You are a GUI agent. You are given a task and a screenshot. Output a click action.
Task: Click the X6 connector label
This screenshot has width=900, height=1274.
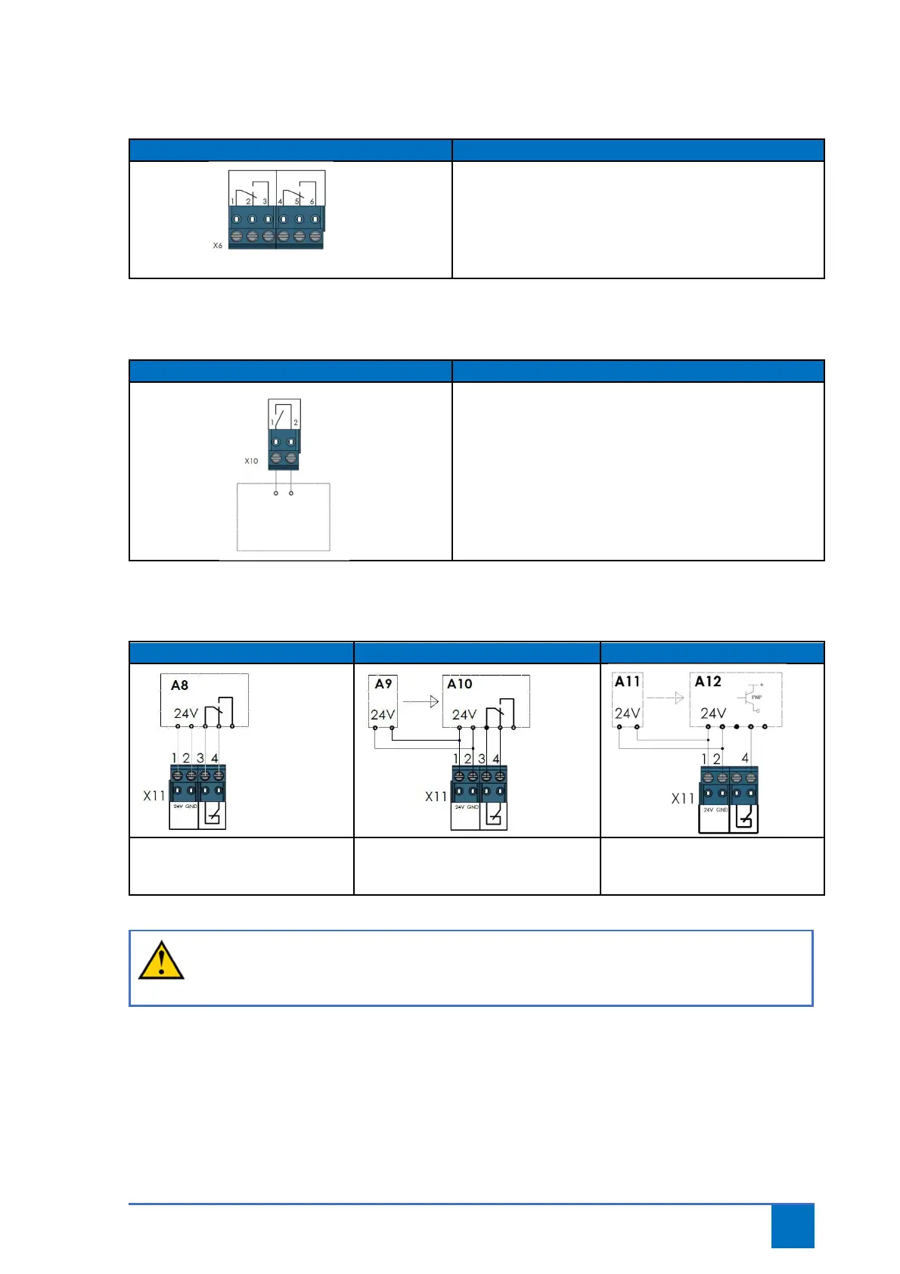click(x=218, y=246)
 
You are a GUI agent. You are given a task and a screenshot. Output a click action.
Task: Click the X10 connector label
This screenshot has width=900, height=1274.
click(x=251, y=461)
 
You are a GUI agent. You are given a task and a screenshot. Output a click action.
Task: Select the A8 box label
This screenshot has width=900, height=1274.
click(x=179, y=685)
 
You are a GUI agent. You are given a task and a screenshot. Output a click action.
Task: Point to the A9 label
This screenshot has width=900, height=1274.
click(x=383, y=684)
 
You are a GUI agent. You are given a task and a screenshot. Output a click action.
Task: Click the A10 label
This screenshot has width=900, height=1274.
click(x=460, y=684)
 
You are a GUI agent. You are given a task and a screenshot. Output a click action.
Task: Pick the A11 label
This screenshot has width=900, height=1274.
click(x=628, y=682)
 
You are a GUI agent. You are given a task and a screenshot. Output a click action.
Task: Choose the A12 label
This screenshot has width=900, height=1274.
click(x=708, y=682)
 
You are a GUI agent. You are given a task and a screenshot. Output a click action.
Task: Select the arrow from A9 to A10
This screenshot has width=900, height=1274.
click(x=421, y=701)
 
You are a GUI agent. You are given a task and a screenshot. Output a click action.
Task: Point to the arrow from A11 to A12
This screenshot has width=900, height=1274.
click(x=666, y=698)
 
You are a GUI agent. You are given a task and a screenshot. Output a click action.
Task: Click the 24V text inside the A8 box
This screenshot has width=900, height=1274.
click(x=186, y=713)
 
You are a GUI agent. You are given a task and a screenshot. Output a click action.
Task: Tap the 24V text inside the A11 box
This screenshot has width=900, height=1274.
click(x=628, y=713)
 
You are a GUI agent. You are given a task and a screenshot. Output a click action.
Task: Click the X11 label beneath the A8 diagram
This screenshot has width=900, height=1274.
click(x=154, y=796)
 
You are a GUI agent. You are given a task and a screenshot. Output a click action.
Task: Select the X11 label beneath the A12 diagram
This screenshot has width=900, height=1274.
click(x=683, y=799)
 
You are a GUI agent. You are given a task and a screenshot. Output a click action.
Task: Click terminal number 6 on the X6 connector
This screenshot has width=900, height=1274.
click(x=312, y=202)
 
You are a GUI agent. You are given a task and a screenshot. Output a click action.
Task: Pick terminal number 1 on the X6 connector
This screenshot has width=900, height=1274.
click(x=233, y=201)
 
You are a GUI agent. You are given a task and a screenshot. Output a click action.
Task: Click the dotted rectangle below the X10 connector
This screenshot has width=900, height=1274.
click(x=284, y=517)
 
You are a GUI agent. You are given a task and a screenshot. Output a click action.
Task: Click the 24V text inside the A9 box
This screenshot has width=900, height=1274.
click(x=383, y=715)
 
